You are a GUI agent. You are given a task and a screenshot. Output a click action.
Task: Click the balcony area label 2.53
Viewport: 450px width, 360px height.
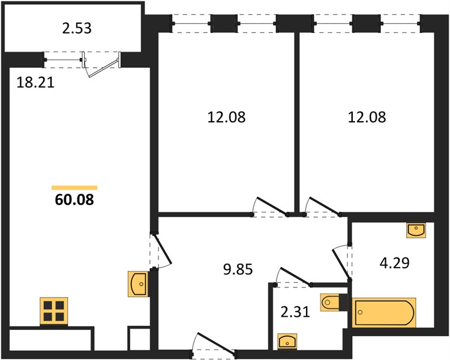coord(77,28)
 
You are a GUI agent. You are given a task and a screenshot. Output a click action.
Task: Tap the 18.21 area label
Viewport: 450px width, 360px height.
coord(35,83)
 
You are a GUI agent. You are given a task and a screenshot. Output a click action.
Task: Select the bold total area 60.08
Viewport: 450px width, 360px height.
coord(74,200)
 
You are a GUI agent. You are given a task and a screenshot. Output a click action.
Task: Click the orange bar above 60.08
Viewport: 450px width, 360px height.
coord(74,188)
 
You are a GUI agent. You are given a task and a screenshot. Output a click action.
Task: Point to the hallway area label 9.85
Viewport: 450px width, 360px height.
coord(238,269)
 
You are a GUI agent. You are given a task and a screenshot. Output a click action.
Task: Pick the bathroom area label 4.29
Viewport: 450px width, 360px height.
coord(394,263)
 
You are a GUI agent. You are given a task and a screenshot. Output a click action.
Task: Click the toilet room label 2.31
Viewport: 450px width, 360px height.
coord(295,311)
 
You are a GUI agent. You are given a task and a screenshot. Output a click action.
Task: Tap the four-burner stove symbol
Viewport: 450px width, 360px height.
coord(54,311)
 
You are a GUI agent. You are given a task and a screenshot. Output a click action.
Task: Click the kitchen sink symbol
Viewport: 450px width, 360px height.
coord(138,284)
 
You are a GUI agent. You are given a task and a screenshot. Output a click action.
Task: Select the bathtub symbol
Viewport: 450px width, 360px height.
coord(384,313)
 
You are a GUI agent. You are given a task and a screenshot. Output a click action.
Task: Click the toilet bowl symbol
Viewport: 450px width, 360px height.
coord(330,302)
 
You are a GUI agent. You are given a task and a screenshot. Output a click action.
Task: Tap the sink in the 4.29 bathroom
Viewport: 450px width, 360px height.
coord(416,230)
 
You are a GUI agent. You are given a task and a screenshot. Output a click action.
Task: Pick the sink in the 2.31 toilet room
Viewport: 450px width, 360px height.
coord(287,341)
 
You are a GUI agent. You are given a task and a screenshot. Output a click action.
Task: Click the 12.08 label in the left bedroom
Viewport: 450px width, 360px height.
coord(226,117)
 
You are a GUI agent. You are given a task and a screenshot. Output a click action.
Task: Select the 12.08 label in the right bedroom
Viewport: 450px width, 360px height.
coord(367,117)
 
